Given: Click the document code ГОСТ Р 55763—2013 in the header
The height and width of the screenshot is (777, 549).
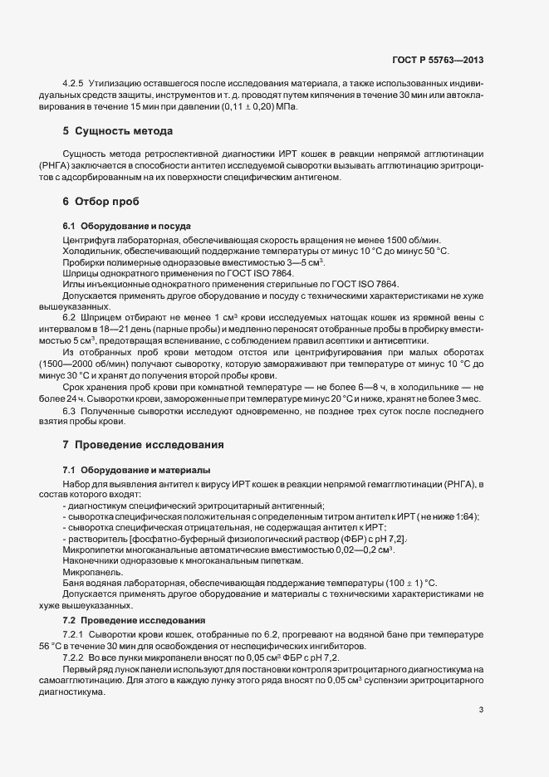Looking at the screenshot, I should point(437,60).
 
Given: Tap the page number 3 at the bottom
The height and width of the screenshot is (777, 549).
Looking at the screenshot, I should point(482,708).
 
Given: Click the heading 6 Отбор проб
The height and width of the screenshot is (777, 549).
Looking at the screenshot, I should point(101,202).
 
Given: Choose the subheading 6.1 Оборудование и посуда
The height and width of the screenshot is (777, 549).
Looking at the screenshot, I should point(127,226).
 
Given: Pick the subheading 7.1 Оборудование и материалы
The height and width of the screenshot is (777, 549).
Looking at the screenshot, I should point(136,470).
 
